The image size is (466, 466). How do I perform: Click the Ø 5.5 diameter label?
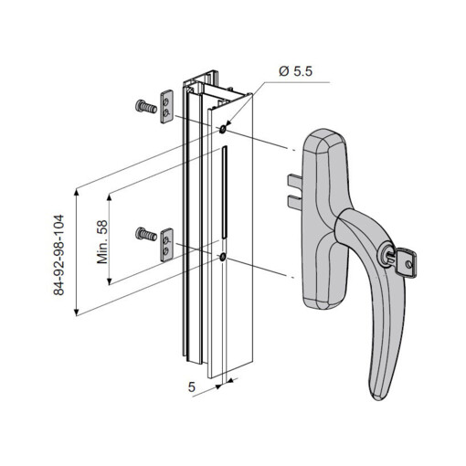[x=295, y=71]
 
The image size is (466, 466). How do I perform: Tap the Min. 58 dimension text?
[x=102, y=242]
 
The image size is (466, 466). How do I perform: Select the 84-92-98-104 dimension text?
[x=58, y=255]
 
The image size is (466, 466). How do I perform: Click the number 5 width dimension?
[x=191, y=387]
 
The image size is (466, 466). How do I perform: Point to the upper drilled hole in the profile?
[x=222, y=130]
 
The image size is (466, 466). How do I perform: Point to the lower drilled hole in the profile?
[x=222, y=258]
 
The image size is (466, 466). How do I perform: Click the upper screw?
[x=145, y=107]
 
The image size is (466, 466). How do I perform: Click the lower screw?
[x=145, y=234]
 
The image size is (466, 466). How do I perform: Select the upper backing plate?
[x=166, y=107]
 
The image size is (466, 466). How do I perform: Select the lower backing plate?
[x=166, y=245]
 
